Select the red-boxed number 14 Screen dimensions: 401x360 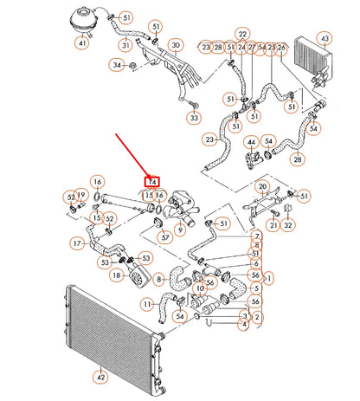coord(151,182)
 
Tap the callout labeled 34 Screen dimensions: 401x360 coord(117,64)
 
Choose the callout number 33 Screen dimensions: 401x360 coord(194,118)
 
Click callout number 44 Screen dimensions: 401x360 coord(252,141)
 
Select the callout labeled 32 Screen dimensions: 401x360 coord(288,225)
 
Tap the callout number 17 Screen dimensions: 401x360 coord(77,244)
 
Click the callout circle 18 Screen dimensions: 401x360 coord(116,275)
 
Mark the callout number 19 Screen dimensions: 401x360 coord(80,194)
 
